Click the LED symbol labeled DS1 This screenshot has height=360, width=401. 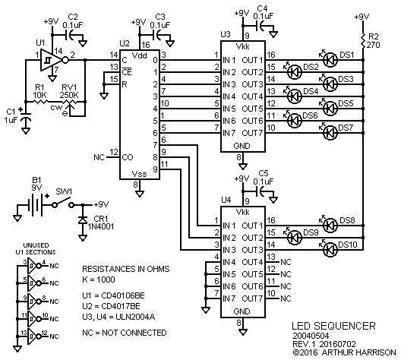point(330,60)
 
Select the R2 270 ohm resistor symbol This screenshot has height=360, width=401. point(363,41)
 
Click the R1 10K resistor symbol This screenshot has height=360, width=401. point(39,102)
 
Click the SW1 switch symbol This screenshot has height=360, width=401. point(63,203)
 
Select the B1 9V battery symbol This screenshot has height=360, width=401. point(36,205)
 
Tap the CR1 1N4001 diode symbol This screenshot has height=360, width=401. point(83,220)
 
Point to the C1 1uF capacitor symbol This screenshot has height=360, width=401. point(26,117)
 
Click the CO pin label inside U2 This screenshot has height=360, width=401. point(128,157)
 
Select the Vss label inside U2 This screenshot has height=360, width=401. point(140,174)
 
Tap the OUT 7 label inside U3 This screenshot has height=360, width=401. point(252,133)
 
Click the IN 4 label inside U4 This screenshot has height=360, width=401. point(229,262)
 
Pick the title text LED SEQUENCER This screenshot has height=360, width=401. point(333,326)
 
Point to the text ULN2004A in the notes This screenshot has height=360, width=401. point(135,317)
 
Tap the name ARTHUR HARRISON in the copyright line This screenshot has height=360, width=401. point(358,352)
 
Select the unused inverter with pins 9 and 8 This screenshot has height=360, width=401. point(34,301)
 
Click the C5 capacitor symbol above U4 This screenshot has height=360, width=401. point(261,191)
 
